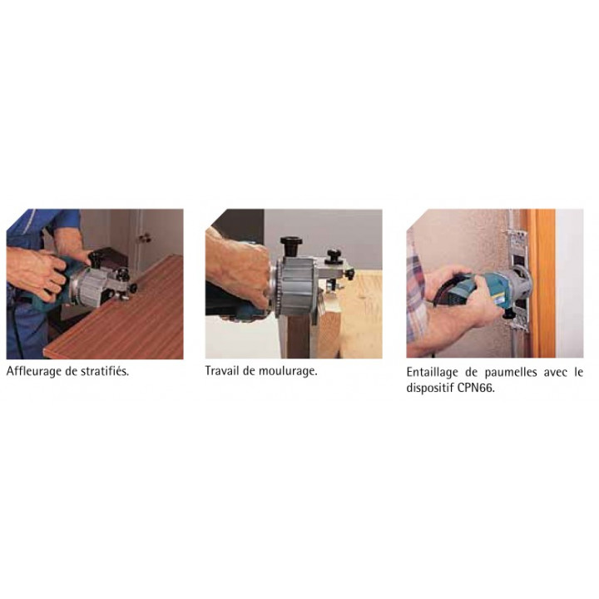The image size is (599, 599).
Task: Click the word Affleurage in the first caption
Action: click(x=34, y=371)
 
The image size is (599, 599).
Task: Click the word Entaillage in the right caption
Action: click(x=432, y=373)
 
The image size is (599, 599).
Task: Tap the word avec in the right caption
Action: click(x=556, y=373)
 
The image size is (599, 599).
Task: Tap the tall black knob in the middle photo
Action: click(x=291, y=247)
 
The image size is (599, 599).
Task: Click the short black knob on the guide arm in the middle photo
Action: click(x=334, y=256)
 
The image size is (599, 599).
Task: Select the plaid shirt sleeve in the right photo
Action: click(x=416, y=298)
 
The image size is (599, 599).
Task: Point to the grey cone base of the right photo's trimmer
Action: click(x=519, y=282)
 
